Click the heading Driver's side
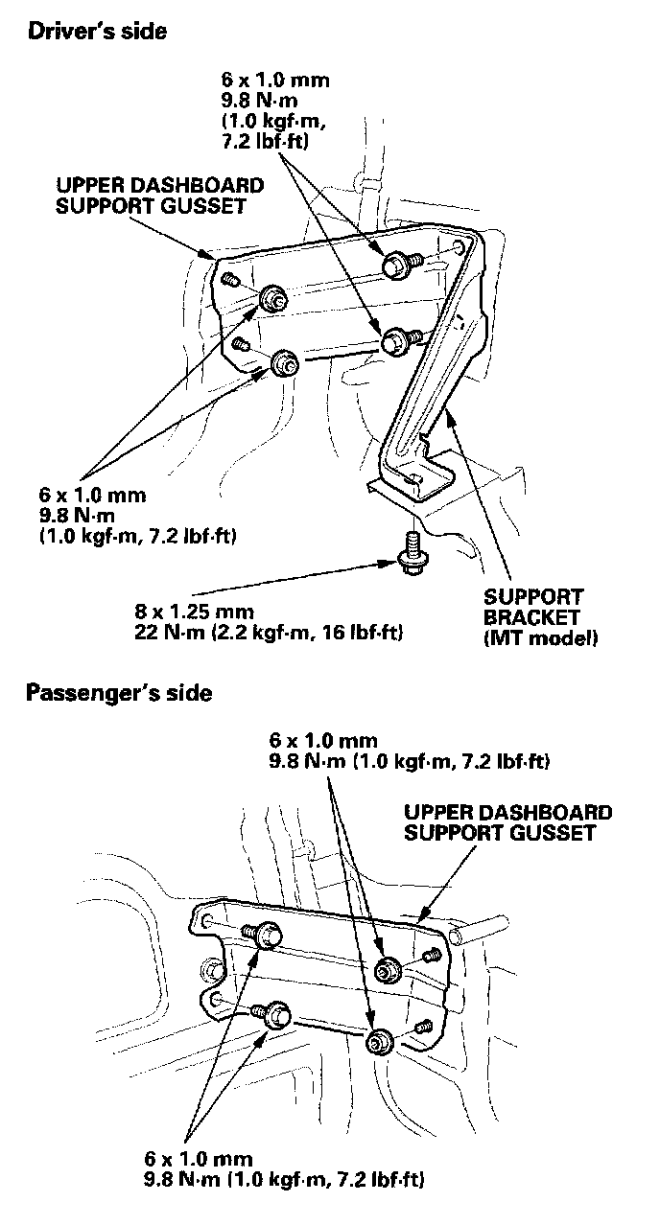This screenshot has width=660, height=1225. click(97, 32)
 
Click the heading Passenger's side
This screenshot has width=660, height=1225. click(119, 692)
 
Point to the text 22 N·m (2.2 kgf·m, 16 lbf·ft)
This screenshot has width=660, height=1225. click(270, 633)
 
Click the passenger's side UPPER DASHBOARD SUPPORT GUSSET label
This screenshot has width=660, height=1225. click(508, 823)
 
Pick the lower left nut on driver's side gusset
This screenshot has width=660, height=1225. click(284, 362)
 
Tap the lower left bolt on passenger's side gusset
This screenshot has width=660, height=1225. click(276, 1013)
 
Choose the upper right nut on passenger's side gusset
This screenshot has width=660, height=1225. click(388, 968)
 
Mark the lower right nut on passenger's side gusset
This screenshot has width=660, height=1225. click(377, 1040)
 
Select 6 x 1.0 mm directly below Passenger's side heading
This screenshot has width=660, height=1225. click(323, 741)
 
